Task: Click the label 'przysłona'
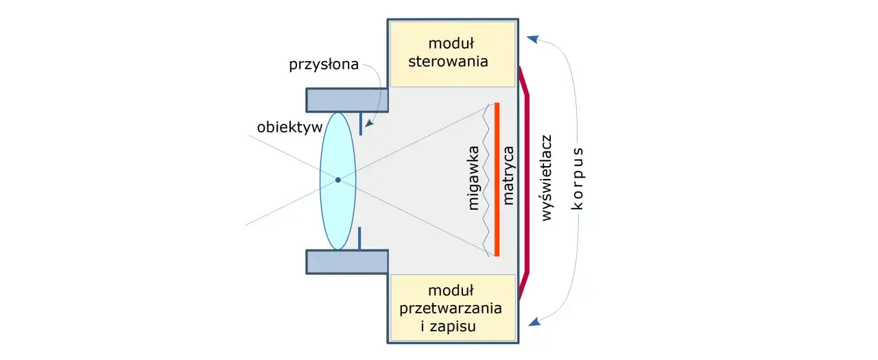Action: coord(323,65)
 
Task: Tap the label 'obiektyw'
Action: coord(285,128)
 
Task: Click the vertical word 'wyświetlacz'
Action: coord(547,178)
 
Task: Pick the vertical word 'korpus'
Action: coord(578,180)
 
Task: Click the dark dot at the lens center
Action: coord(337,180)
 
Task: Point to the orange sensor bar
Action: coord(497,180)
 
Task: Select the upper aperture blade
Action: coord(360,123)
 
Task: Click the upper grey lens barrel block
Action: coord(346,100)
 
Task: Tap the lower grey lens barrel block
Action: coord(346,262)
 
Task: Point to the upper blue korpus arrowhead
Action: coord(532,39)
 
